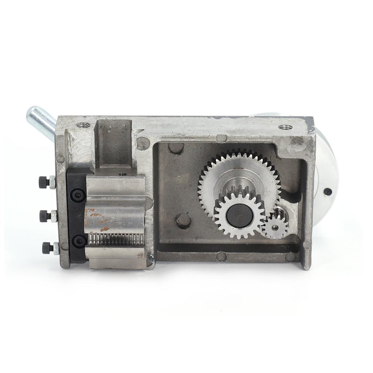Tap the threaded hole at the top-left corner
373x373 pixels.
click(83, 125)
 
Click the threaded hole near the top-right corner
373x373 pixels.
click(285, 127)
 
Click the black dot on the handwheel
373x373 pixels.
click(327, 192)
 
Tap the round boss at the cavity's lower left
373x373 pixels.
click(183, 221)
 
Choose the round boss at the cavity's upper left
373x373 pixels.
click(176, 148)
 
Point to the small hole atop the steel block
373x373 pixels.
click(123, 174)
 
